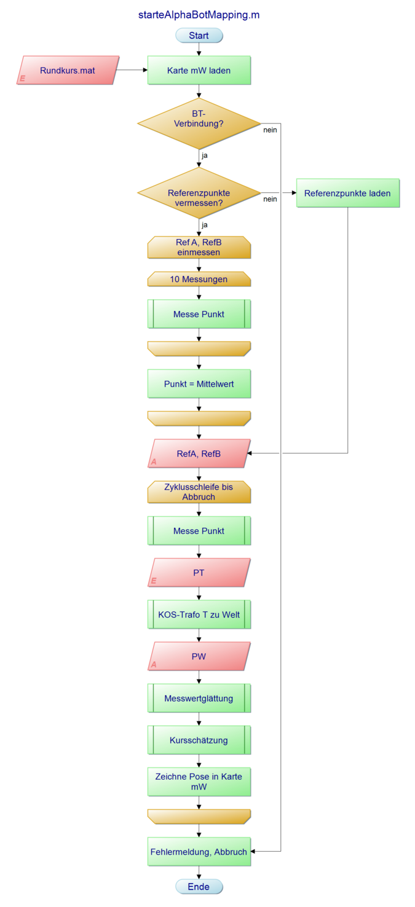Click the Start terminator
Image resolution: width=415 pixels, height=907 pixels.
click(199, 36)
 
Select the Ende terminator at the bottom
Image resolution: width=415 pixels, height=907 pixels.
click(199, 887)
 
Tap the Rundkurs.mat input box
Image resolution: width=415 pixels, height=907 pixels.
click(68, 70)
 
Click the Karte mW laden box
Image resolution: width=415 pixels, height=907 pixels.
click(199, 70)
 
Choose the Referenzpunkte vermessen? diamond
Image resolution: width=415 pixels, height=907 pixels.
click(199, 193)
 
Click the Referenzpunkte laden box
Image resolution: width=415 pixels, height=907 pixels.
click(347, 193)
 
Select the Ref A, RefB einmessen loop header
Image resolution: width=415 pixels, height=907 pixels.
click(199, 247)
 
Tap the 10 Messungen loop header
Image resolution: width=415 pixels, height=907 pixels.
click(199, 279)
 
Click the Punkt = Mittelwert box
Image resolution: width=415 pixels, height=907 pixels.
click(199, 384)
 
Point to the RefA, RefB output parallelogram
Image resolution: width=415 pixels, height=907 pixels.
click(199, 454)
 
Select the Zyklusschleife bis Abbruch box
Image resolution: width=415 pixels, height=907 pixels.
click(199, 492)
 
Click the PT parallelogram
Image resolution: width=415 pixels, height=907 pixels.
click(199, 573)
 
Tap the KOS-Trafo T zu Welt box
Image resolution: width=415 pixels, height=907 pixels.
click(199, 614)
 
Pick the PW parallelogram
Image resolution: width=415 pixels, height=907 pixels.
click(199, 656)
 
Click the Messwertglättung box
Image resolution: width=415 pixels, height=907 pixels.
click(199, 698)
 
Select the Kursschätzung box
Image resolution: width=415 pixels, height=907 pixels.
click(199, 740)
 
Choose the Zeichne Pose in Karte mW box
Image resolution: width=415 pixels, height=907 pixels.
click(199, 781)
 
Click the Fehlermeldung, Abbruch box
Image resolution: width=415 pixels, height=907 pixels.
click(199, 852)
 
